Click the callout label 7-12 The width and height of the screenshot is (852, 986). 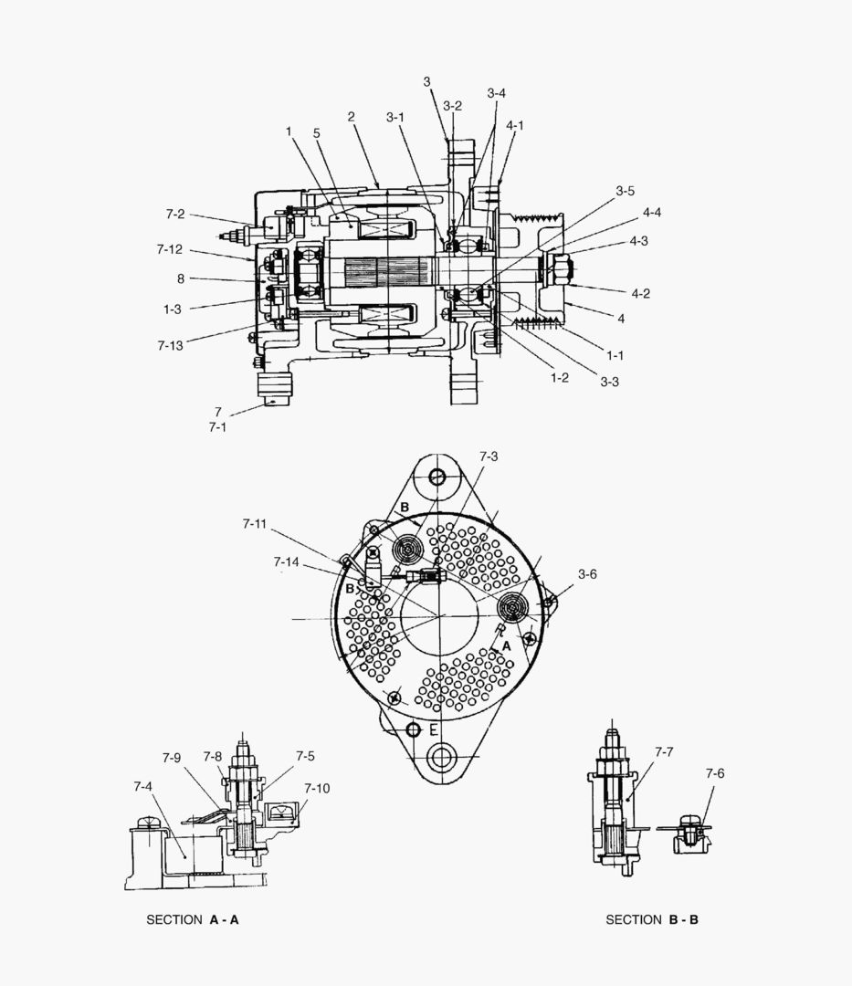coord(170,249)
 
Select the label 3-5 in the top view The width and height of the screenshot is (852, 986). coord(625,192)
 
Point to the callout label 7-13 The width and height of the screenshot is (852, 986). coord(170,345)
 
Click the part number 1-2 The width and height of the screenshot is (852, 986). coord(559,377)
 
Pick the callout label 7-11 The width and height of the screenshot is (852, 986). coord(255,524)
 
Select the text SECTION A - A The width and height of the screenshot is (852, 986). coord(193,919)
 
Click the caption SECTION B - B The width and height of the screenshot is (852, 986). coord(652,919)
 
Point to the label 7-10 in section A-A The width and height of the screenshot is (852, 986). coord(317,788)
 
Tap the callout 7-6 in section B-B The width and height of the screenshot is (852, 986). coord(714,773)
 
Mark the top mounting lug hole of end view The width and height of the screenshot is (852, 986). coord(437,477)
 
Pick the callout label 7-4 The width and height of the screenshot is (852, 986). coord(143,786)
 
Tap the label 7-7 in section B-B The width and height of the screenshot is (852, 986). coord(664,752)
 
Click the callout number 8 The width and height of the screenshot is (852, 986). coord(181,278)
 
